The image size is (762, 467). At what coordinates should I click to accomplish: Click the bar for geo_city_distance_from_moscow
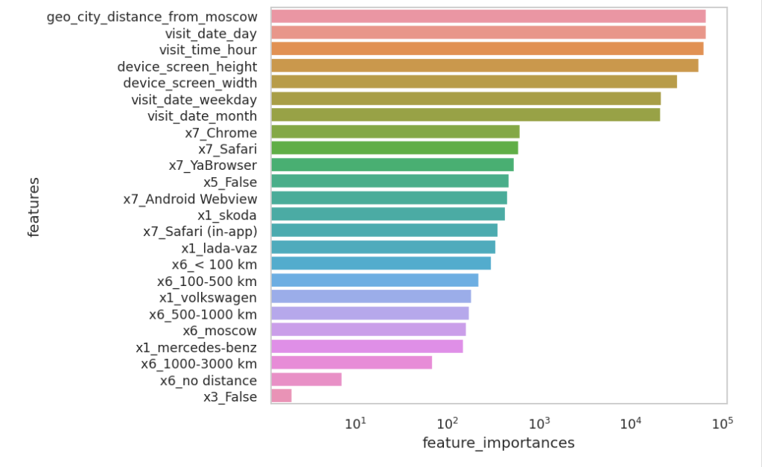(x=488, y=16)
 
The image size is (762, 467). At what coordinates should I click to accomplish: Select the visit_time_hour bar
(x=487, y=49)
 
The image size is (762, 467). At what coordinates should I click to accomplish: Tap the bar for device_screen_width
(x=474, y=82)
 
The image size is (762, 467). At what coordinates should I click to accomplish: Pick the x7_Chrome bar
(x=395, y=132)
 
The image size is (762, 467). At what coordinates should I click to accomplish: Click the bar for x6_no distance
(x=306, y=380)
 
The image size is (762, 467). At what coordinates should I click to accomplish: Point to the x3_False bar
(x=282, y=396)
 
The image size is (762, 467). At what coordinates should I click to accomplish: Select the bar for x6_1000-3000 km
(x=351, y=363)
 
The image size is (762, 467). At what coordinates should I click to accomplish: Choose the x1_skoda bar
(x=388, y=215)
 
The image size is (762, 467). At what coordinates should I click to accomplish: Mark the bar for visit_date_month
(x=466, y=115)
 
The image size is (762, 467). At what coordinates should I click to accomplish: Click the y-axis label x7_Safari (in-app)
(x=200, y=231)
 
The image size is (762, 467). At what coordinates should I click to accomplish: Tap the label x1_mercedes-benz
(x=196, y=347)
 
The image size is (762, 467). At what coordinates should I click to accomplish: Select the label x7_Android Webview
(x=190, y=198)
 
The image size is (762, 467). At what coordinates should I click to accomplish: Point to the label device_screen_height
(x=187, y=66)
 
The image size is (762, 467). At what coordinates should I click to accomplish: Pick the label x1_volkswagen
(x=208, y=297)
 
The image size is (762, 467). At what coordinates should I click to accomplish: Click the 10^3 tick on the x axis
(x=539, y=424)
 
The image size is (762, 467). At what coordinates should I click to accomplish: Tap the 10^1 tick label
(x=355, y=424)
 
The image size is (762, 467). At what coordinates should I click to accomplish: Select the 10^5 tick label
(x=722, y=424)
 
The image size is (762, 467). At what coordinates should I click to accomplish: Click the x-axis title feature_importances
(x=498, y=443)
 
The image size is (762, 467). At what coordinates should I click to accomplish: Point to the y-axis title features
(x=34, y=207)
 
